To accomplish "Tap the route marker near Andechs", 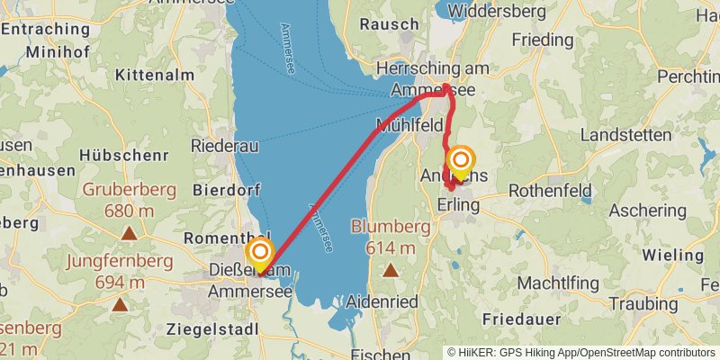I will click(461, 163).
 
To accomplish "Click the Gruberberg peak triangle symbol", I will click(130, 234).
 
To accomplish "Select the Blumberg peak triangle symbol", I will click(391, 269).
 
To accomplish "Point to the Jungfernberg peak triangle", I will click(120, 304).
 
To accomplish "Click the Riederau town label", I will click(225, 145).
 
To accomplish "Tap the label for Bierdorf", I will click(226, 189).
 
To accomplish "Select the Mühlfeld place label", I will click(409, 124).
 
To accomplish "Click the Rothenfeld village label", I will click(550, 191).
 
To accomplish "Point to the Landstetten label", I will click(627, 134).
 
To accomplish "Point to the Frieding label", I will click(542, 40).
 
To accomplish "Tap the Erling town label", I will click(458, 205).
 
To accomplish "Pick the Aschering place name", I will click(647, 210).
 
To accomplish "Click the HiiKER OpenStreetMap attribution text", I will click(582, 353).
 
